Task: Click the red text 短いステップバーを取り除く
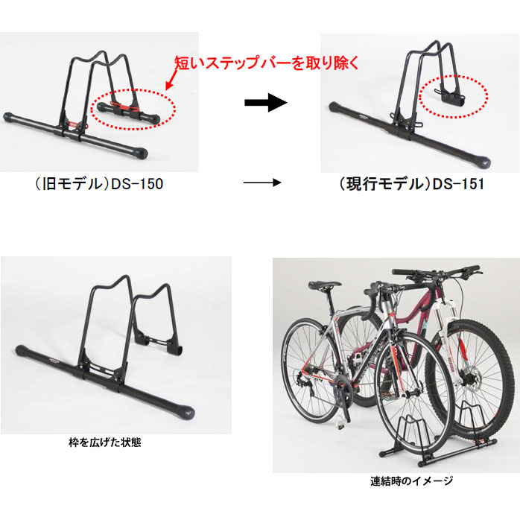[x=267, y=63]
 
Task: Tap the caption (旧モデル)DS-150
[x=99, y=184]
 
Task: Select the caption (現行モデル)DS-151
[x=411, y=184]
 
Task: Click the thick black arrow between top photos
[x=266, y=103]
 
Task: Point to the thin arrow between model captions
[x=262, y=183]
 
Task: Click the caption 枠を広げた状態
[x=105, y=443]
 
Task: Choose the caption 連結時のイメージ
[x=411, y=481]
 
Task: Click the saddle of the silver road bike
[x=325, y=285]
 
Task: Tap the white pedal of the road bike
[x=339, y=422]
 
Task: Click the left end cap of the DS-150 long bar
[x=9, y=117]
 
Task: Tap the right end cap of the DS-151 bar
[x=483, y=161]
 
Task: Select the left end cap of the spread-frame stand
[x=22, y=349]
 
